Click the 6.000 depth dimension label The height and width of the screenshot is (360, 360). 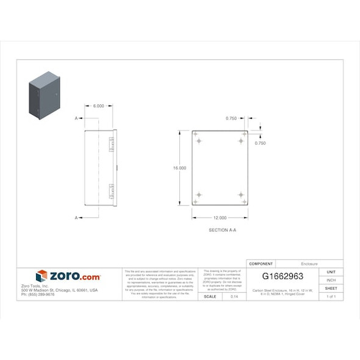[98, 106]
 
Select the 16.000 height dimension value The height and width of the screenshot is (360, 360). [179, 168]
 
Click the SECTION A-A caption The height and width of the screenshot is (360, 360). [222, 230]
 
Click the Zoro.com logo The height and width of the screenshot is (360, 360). [68, 276]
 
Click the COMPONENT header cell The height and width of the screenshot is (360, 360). [261, 264]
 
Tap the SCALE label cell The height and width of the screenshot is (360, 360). [210, 297]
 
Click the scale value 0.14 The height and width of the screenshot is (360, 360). [234, 297]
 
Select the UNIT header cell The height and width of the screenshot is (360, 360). [331, 272]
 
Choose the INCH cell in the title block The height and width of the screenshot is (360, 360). [331, 280]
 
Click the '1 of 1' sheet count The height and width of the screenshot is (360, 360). [331, 297]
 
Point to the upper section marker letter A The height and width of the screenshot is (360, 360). [77, 117]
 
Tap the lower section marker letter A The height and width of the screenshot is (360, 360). [77, 217]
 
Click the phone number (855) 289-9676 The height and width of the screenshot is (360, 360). [38, 294]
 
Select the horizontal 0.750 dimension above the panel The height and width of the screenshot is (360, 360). [231, 118]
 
